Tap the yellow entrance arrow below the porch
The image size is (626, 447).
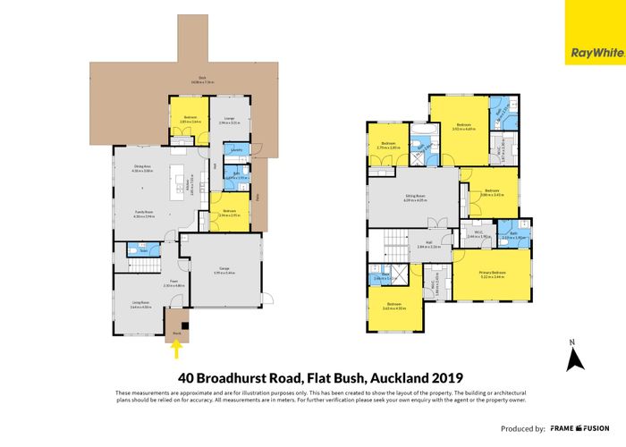pyautogui.click(x=176, y=351)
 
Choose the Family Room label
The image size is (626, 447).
pyautogui.click(x=144, y=215)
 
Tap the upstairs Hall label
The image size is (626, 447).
pyautogui.click(x=429, y=246)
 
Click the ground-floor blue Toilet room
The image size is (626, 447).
pyautogui.click(x=143, y=250)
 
